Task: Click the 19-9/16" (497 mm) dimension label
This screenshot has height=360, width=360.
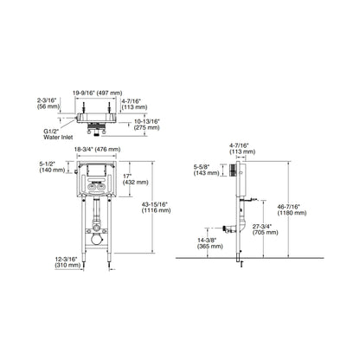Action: pos(97,93)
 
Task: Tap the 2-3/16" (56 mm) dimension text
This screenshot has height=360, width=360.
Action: pos(48,104)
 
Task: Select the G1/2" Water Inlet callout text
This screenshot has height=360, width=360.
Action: pos(58,134)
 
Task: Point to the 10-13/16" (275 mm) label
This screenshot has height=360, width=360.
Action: pos(147,125)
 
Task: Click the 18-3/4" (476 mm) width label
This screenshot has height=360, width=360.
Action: pos(97,150)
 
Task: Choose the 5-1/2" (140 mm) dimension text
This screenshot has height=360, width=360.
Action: pos(52,167)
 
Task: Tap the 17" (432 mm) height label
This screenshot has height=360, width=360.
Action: pos(136,179)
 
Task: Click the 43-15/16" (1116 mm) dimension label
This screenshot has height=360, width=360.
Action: pos(156,208)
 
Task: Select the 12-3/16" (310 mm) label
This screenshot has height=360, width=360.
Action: pos(67,262)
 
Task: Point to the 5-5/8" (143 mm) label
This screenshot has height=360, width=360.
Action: pos(206,170)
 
